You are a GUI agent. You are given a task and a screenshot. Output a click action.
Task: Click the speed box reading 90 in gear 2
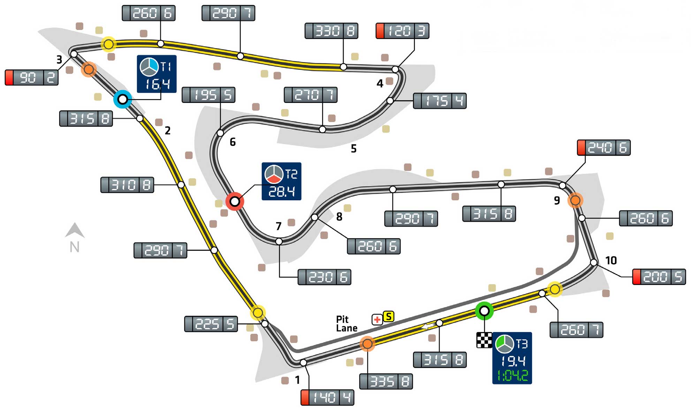coord(31,77)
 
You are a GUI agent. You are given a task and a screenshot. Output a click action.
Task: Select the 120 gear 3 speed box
coord(402,31)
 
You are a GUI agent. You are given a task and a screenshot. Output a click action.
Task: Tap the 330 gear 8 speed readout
coord(331,31)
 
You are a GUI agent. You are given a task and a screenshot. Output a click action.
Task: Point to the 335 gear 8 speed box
coord(386,382)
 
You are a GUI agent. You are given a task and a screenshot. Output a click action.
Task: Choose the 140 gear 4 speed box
coord(327,398)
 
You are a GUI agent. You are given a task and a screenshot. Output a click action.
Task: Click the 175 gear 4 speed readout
coord(440,101)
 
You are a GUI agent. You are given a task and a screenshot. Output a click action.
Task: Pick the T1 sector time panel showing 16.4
coord(157,74)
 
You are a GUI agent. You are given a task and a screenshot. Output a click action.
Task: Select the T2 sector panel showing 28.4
coord(281,181)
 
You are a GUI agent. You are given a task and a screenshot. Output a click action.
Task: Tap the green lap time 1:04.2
coord(512,376)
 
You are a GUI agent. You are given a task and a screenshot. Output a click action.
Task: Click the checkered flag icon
coord(484,340)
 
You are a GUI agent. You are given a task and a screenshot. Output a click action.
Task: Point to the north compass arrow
coord(75,231)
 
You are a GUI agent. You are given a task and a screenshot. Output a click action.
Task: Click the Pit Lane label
coord(346,323)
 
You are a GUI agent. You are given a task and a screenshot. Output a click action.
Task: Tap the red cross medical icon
coord(377,319)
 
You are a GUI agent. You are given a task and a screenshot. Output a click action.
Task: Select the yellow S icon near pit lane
coord(388,316)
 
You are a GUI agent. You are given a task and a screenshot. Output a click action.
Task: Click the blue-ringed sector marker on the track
coord(123,99)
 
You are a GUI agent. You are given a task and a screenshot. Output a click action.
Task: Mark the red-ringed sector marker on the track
coord(235,201)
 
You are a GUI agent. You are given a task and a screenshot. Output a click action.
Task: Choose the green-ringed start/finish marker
coord(484,310)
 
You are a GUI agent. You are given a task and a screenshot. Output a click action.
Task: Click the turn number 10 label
coord(611,260)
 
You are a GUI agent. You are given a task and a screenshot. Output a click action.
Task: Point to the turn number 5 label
coord(354,149)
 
